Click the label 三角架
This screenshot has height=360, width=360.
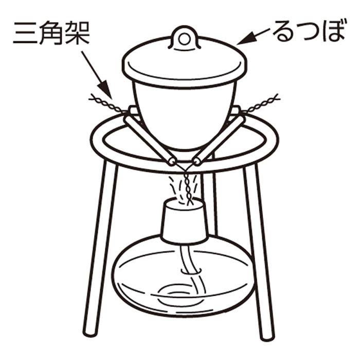click(51, 33)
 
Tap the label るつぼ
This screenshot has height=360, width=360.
click(309, 31)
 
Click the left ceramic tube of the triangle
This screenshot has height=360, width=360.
click(150, 140)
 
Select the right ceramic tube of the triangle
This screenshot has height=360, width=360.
click(218, 140)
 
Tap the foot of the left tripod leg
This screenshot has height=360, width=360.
click(90, 332)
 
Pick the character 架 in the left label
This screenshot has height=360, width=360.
click(78, 33)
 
